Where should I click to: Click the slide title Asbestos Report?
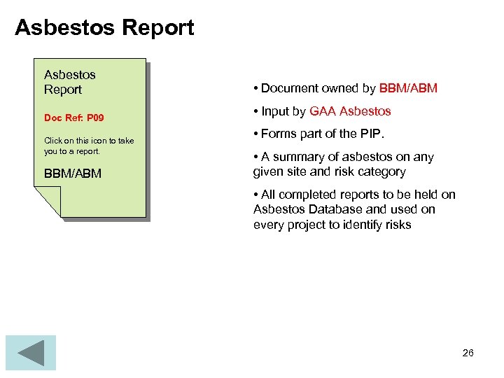pos(104,28)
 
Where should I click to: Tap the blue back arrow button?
pos(30,353)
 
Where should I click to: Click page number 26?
pos(468,353)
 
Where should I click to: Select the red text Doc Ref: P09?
pos(73,118)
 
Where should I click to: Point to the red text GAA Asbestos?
pos(350,111)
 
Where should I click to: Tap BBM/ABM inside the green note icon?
pos(73,173)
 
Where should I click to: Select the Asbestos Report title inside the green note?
pos(69,82)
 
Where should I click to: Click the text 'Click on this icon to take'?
pos(89,141)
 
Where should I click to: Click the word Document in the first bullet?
pos(289,88)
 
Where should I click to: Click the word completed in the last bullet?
pos(305,195)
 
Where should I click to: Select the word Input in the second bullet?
pos(275,111)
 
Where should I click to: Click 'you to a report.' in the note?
pos(72,150)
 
